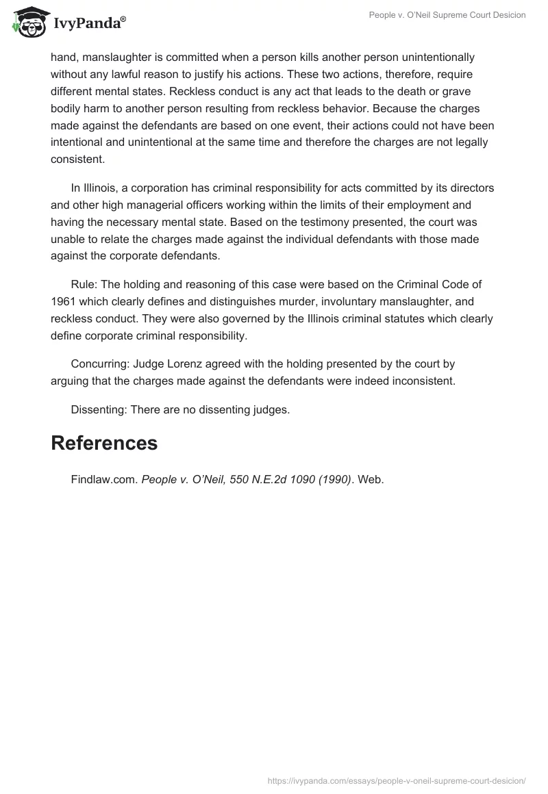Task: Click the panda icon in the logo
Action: [29, 23]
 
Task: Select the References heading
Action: [104, 443]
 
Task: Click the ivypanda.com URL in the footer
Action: [396, 780]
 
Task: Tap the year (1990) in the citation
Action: [332, 480]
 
